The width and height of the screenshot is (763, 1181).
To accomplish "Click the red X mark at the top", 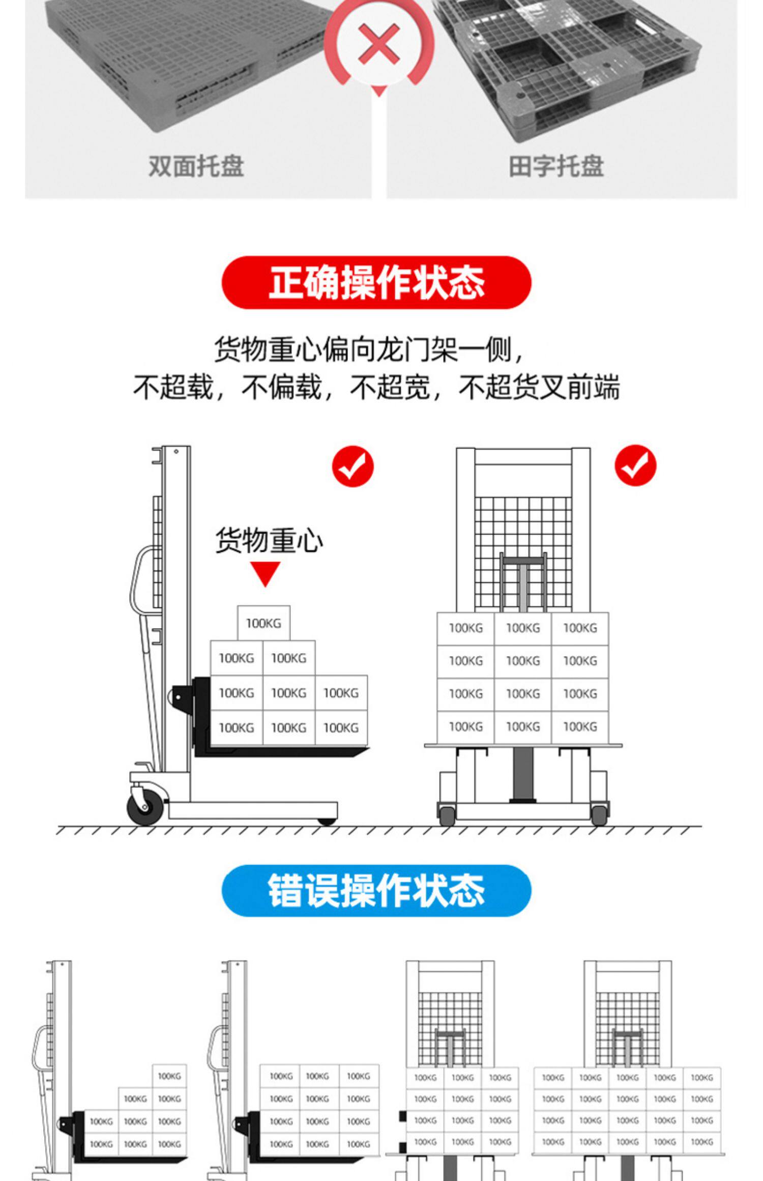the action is (379, 45).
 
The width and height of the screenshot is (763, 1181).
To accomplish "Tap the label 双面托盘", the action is (196, 166).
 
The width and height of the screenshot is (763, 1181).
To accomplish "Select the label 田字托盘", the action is (556, 166).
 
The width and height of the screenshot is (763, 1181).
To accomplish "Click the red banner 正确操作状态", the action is (376, 283).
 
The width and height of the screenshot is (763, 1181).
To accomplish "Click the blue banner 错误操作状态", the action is (376, 891).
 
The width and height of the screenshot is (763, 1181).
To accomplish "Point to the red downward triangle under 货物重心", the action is (265, 573).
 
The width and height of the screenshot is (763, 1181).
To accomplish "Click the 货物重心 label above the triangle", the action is (269, 540).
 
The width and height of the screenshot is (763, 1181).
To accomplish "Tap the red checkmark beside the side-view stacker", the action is (353, 466).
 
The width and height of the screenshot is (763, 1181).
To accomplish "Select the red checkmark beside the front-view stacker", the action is (635, 465).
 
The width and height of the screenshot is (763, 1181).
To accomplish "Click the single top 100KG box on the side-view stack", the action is (263, 623).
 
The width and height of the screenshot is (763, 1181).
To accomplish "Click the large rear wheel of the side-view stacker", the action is (145, 807).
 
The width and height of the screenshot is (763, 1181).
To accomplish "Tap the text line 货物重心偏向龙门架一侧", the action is (368, 349).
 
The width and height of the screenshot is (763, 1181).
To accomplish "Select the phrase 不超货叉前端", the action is (539, 388).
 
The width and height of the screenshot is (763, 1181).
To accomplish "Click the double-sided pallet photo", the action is (188, 66).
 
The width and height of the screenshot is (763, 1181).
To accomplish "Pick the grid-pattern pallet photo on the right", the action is (565, 66).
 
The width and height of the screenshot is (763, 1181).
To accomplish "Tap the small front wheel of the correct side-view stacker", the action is (327, 821).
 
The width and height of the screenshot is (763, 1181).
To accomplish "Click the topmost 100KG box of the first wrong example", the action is (169, 1076).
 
